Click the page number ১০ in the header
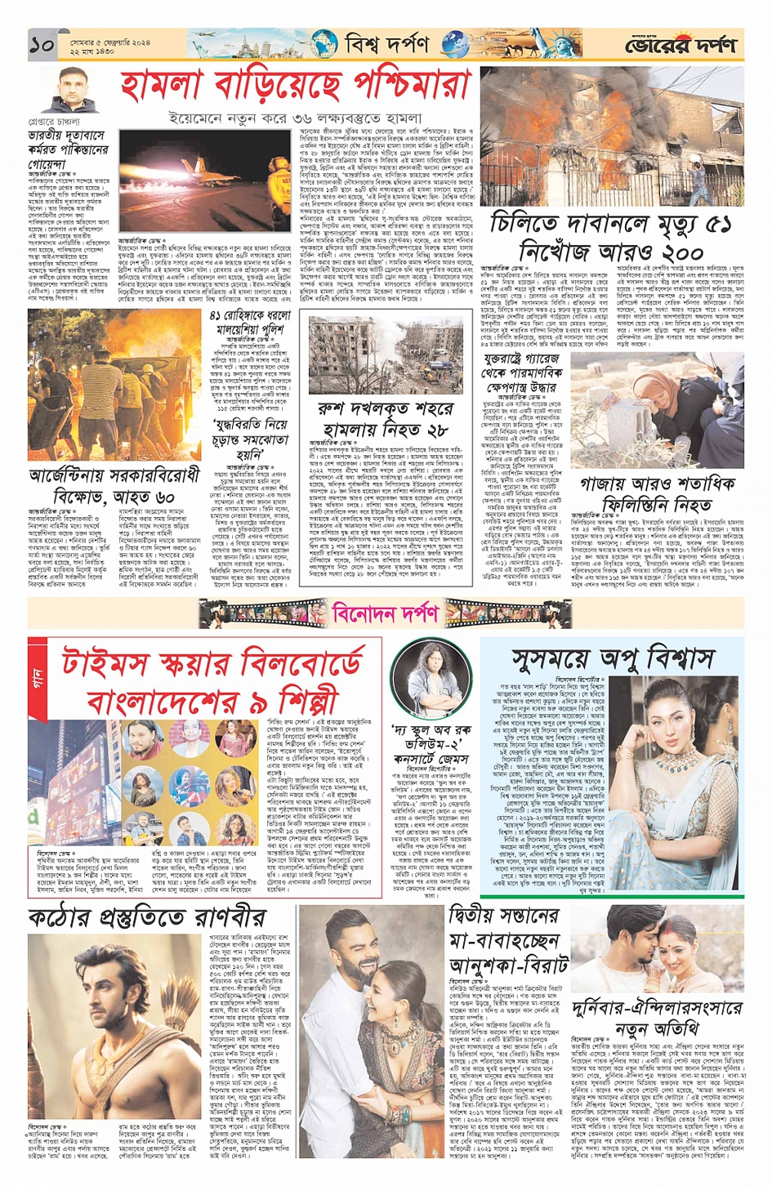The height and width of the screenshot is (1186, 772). (x=42, y=45)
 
